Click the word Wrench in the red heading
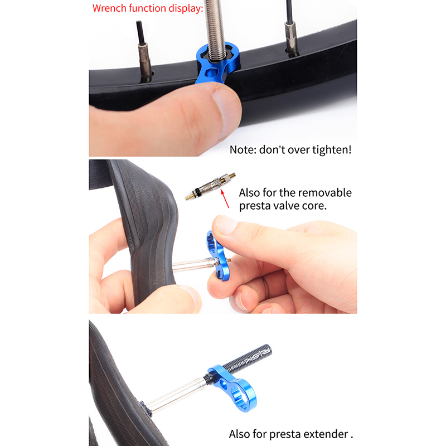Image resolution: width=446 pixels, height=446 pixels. click(109, 8)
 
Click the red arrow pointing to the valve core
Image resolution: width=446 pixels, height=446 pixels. click(225, 199)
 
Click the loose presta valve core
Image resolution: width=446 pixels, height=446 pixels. click(210, 186)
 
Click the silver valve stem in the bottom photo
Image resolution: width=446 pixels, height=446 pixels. click(176, 394)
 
